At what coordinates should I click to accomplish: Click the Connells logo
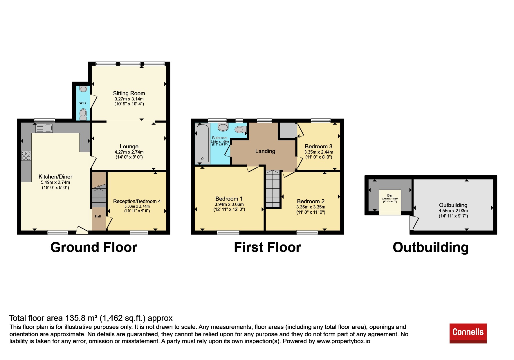tap(468, 333)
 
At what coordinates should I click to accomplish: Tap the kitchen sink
tap(44, 128)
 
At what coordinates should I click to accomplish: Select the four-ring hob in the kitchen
tap(26, 156)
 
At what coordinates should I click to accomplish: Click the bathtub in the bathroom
tap(203, 143)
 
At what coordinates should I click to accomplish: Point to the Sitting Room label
tap(129, 93)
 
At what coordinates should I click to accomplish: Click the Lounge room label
tap(129, 147)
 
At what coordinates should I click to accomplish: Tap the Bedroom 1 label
tap(229, 199)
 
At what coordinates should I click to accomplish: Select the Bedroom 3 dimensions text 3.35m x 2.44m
tap(319, 152)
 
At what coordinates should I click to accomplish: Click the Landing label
tap(265, 151)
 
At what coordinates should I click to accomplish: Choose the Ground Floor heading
tap(94, 247)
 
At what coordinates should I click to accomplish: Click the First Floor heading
tap(268, 247)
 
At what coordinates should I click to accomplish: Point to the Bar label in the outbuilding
tap(390, 195)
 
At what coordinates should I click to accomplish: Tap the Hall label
tap(98, 216)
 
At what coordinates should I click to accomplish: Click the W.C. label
tap(83, 103)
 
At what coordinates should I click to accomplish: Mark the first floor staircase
tap(273, 188)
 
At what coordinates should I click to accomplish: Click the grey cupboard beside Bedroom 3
tap(287, 130)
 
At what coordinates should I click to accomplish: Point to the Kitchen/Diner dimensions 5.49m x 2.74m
tap(55, 182)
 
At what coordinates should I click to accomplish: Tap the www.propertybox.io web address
tap(343, 341)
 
